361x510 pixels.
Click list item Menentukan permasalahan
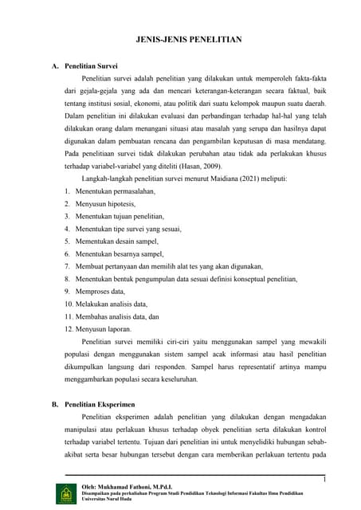(x=116, y=191)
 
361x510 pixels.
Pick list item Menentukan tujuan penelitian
(x=120, y=216)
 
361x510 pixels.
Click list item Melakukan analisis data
(x=112, y=304)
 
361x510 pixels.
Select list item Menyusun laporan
(x=104, y=328)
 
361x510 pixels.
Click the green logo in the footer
(x=65, y=493)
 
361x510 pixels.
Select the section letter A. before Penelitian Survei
(x=56, y=68)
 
